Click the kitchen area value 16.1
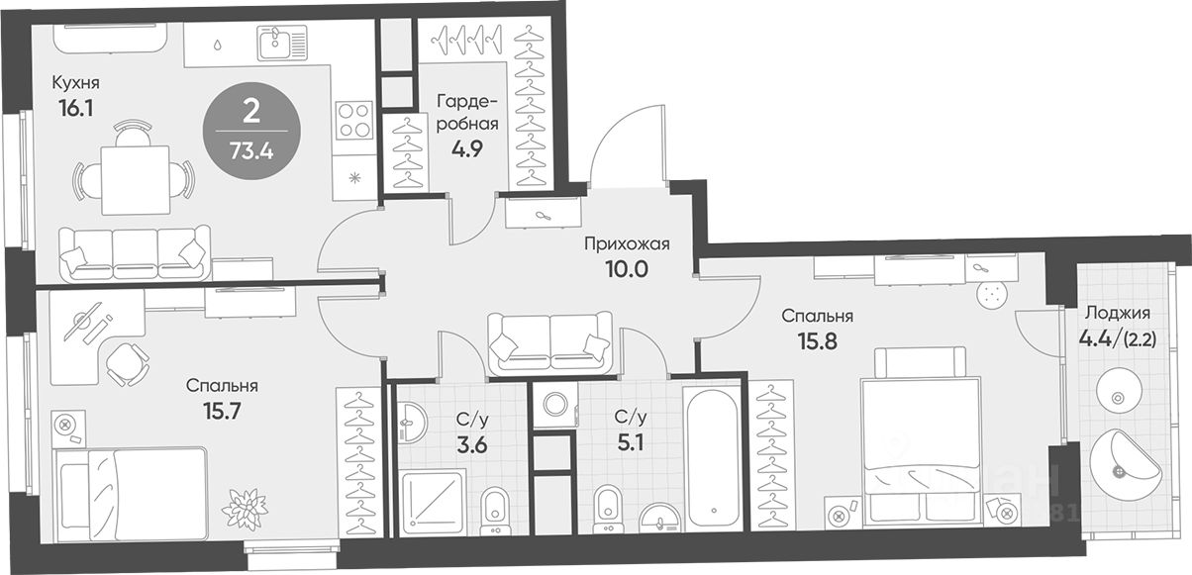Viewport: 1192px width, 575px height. (x=76, y=109)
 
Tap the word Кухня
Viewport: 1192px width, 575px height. (x=75, y=83)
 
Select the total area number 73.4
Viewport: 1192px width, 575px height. (x=251, y=151)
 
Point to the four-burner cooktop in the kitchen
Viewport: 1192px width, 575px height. (x=354, y=120)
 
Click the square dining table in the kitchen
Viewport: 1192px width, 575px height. (x=136, y=180)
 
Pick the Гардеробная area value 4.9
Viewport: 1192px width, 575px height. (x=467, y=149)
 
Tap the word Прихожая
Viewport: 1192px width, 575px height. (x=627, y=244)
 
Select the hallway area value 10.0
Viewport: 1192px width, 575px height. (x=627, y=269)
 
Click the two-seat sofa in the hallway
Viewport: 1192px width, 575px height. (x=549, y=343)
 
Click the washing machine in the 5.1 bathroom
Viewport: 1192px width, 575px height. (x=555, y=405)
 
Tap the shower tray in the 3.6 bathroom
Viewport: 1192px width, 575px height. (x=433, y=502)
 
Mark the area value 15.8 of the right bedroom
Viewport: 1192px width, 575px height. (x=818, y=341)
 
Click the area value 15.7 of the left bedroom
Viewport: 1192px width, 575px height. (x=222, y=410)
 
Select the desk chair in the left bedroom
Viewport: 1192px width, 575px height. (x=127, y=363)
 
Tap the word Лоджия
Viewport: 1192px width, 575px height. (x=1118, y=313)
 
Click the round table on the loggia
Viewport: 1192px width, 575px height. (x=1118, y=397)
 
